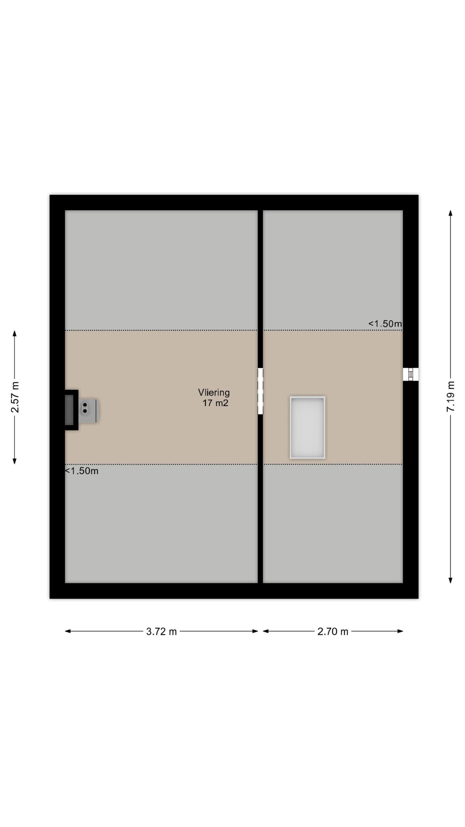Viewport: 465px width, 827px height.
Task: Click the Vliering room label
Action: point(214,393)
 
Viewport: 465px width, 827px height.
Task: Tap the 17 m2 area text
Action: point(215,403)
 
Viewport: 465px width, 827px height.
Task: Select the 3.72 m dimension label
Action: point(161,631)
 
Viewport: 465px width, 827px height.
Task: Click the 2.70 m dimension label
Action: point(333,631)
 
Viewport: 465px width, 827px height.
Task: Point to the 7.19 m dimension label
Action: point(450,396)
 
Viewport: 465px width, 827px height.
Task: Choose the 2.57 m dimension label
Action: point(15,397)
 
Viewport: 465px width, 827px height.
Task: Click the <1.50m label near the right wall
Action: point(385,323)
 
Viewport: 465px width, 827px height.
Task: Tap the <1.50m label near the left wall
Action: point(82,471)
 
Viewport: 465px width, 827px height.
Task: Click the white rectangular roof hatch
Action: point(307,427)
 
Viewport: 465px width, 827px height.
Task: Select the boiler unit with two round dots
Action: point(88,410)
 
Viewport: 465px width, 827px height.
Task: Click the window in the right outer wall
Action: point(410,374)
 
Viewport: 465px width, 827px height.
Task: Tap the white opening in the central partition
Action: point(260,391)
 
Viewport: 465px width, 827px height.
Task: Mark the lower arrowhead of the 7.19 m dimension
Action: point(450,580)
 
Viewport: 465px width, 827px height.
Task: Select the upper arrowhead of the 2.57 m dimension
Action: point(15,333)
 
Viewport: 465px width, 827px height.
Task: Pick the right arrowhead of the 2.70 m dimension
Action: point(400,631)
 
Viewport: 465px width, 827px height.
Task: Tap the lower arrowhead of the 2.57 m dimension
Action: point(15,461)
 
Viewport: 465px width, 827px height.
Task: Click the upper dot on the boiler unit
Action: point(85,405)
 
